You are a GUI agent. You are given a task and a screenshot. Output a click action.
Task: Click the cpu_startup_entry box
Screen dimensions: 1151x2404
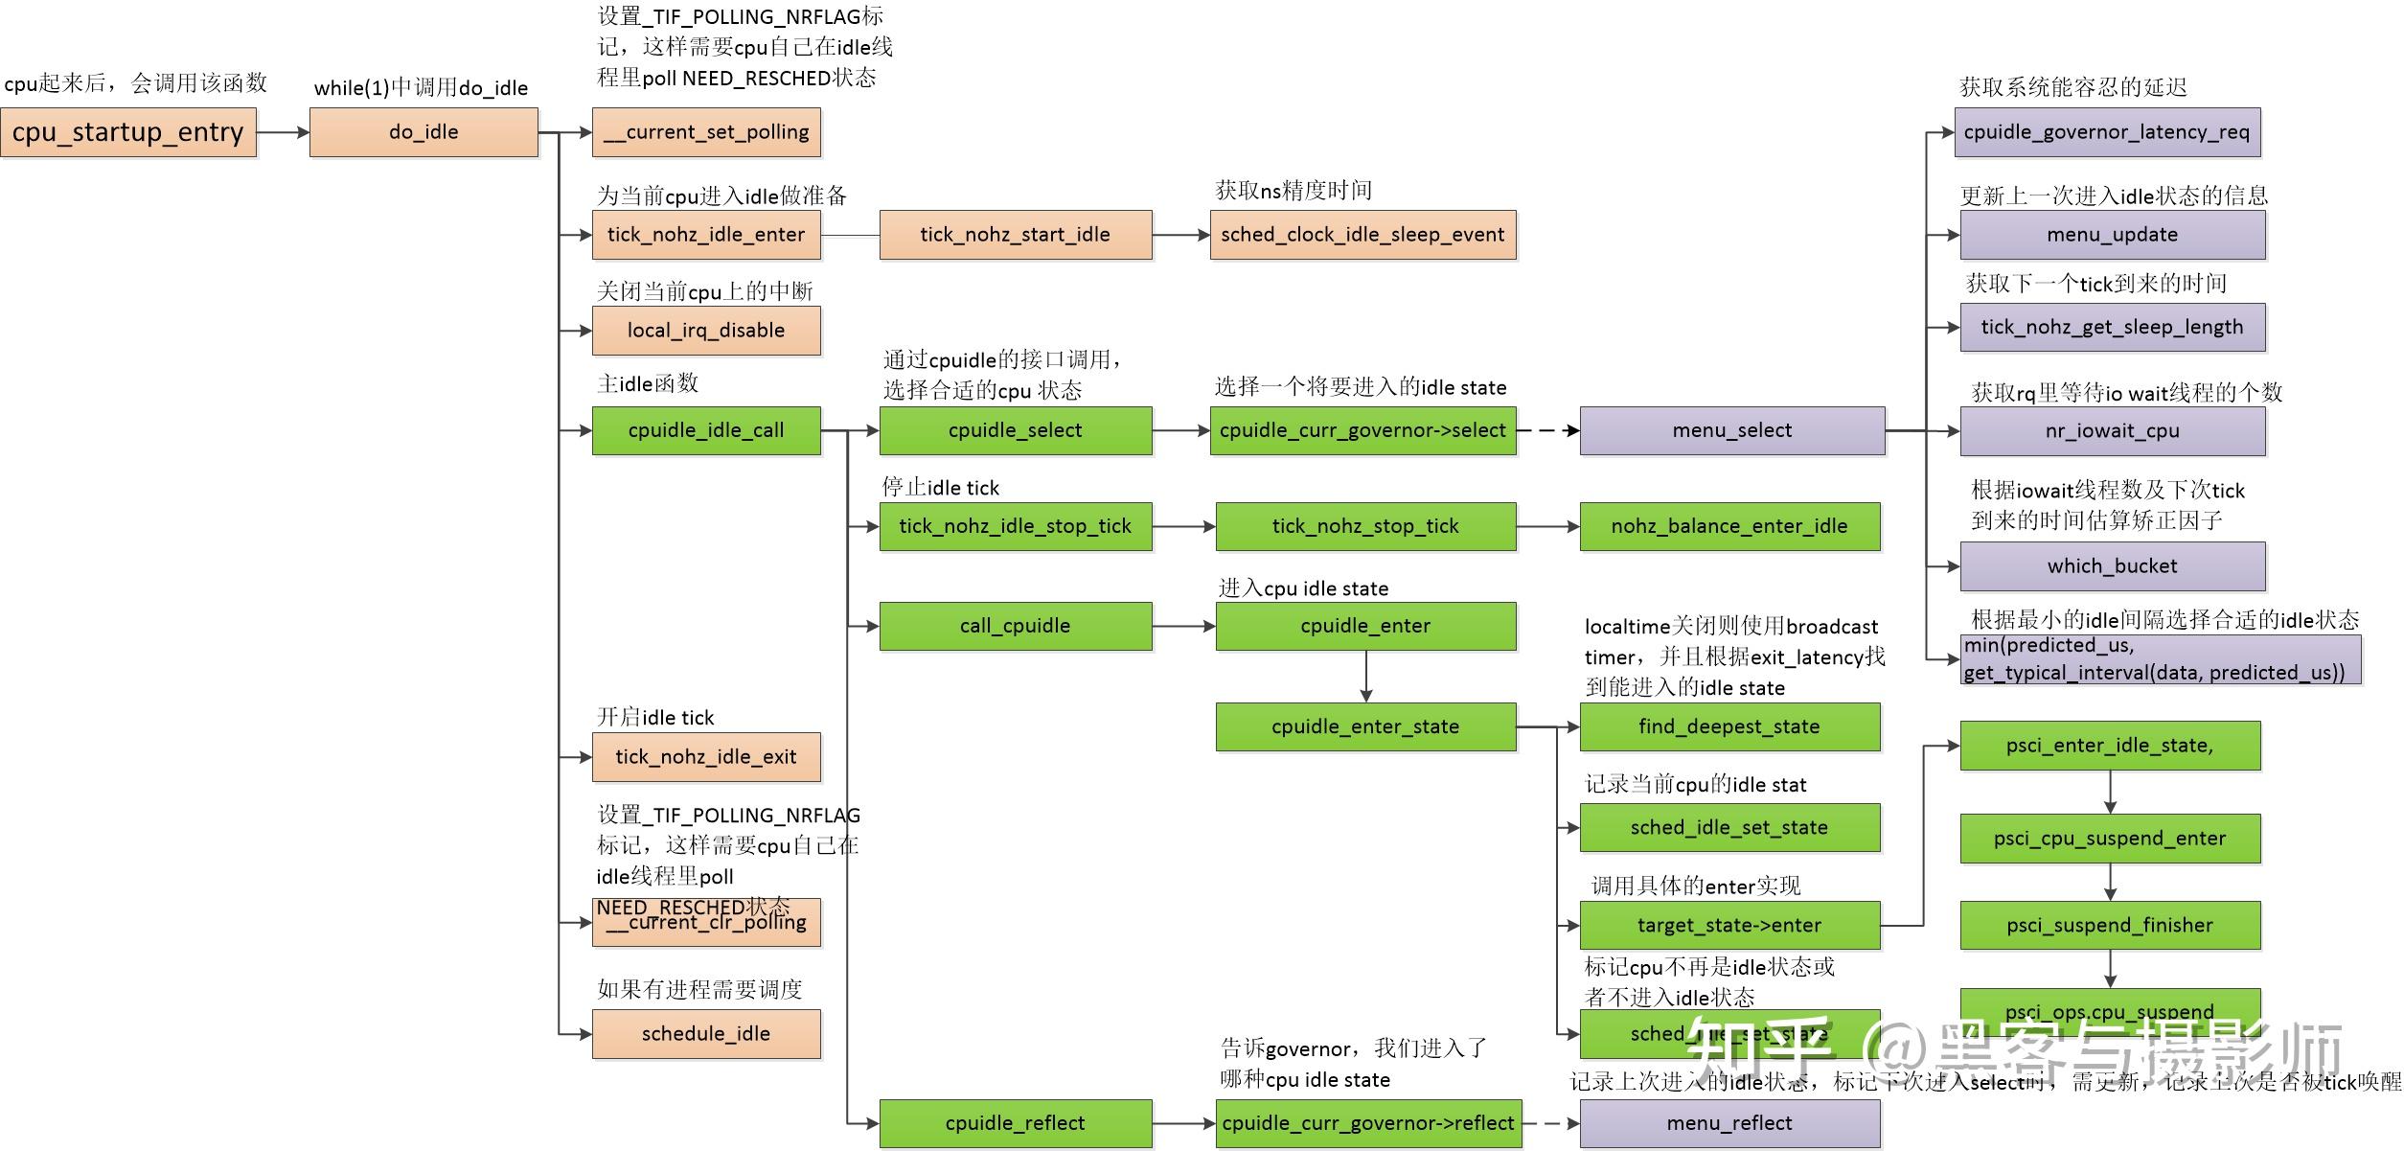point(127,132)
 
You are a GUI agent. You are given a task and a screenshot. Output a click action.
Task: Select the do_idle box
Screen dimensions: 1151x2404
point(424,132)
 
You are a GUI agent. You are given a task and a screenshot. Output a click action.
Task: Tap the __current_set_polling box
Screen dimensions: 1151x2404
point(706,132)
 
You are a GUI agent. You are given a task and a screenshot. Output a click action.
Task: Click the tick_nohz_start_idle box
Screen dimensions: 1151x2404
point(1015,235)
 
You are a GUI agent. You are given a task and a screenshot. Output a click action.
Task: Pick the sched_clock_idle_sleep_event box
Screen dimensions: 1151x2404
point(1362,235)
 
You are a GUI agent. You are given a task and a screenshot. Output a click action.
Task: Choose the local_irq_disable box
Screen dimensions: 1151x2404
point(706,331)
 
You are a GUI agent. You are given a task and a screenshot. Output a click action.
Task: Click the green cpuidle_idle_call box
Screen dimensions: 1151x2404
point(706,430)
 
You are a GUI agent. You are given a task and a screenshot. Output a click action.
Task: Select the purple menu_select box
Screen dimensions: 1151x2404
point(1731,430)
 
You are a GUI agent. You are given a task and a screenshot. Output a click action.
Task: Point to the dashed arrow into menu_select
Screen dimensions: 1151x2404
point(1547,430)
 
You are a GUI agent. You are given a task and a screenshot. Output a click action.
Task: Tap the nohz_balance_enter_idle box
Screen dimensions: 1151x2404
point(1729,526)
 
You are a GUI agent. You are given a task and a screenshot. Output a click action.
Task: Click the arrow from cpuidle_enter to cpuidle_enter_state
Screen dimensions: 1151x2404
point(1365,677)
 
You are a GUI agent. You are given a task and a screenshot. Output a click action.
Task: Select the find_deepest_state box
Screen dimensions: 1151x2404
point(1729,726)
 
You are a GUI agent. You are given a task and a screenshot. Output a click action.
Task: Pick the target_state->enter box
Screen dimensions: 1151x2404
point(1729,925)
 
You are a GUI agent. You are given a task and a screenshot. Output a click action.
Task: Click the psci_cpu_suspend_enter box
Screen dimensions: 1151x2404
point(2110,839)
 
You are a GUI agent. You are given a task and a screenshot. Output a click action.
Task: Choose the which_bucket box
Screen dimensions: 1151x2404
point(2112,566)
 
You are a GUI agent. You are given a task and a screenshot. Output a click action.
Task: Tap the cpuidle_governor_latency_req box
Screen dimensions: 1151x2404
point(2107,132)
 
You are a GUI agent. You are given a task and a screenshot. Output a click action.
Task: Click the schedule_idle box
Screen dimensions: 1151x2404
point(706,1034)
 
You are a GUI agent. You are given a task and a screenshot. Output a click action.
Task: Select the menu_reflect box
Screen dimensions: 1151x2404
point(1729,1123)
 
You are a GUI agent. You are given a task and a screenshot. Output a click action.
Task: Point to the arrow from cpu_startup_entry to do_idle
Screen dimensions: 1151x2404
point(283,132)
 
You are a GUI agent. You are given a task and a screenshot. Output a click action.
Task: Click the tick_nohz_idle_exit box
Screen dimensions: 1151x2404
point(706,757)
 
